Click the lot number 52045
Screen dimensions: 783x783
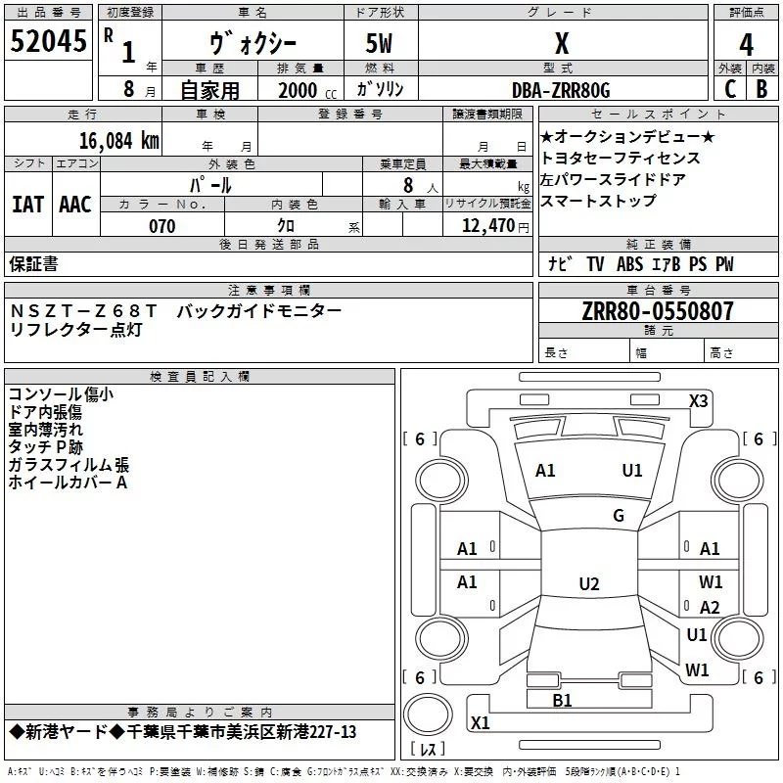48,41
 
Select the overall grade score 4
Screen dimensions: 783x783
746,45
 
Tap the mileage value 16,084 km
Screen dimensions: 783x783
118,141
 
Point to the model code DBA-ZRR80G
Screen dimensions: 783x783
561,90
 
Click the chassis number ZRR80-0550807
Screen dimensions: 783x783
658,311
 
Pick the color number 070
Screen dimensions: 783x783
162,226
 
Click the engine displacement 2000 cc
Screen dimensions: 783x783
307,90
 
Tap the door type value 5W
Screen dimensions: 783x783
379,43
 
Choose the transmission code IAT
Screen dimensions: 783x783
27,205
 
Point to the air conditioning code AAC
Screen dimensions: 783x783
75,205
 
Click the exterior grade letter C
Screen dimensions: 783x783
730,89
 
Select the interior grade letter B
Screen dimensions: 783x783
761,89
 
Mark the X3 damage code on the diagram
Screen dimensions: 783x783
698,401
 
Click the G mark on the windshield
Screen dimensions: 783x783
619,515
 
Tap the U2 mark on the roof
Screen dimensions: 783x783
589,583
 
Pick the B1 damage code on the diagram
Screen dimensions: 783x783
562,701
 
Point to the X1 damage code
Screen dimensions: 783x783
480,722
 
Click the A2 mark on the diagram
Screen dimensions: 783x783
710,607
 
